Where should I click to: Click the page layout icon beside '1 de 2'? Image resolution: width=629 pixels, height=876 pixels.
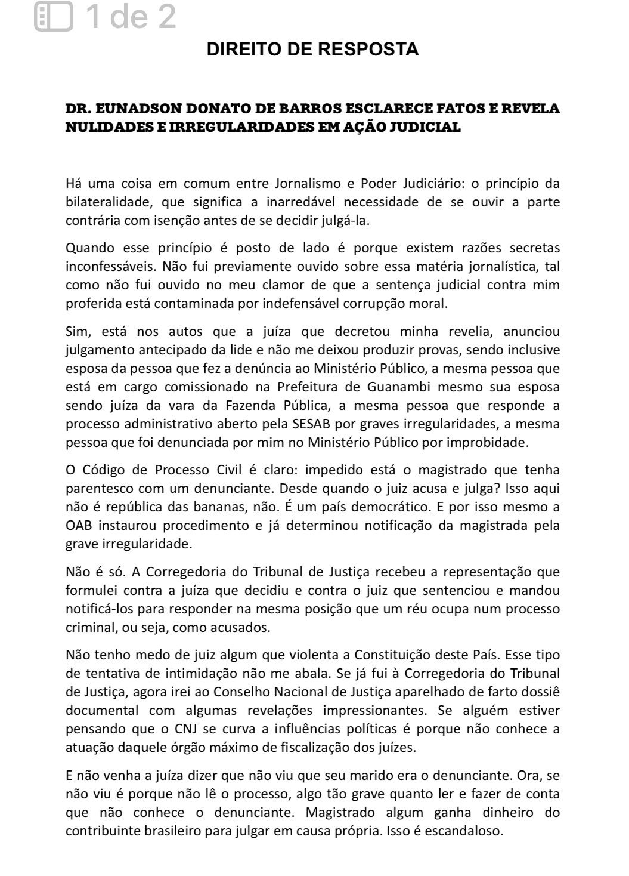tap(53, 16)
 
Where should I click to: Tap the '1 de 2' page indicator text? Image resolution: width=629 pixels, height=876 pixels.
tap(131, 16)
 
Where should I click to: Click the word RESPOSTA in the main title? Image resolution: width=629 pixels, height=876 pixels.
tap(369, 50)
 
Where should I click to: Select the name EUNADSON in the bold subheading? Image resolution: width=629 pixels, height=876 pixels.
tap(138, 110)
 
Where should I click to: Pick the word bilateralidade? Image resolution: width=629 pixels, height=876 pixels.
tap(106, 202)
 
